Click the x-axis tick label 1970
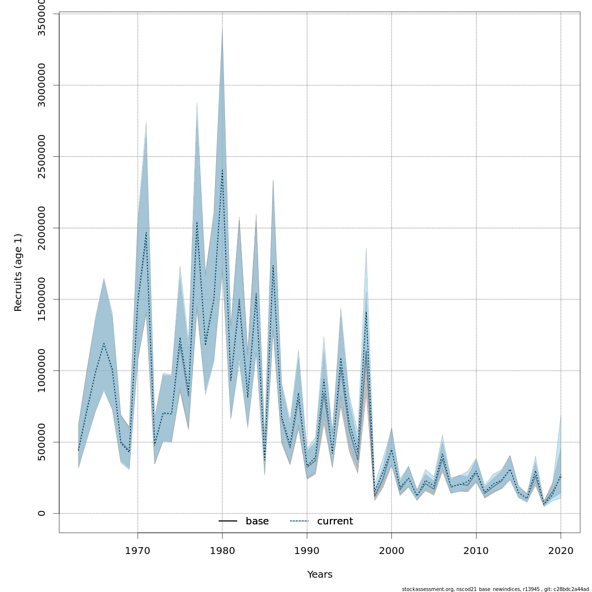138,550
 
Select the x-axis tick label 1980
222,550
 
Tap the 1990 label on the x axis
307,550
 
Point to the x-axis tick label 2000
392,550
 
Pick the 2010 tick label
476,550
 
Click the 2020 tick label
560,550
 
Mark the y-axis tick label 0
42,513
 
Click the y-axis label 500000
42,442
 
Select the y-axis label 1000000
42,370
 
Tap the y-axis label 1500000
42,299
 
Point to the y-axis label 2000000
42,228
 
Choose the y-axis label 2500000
42,156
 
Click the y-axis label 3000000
42,85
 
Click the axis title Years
320,575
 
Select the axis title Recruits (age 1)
18,272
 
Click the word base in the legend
257,521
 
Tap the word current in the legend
335,521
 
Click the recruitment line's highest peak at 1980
222,170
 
